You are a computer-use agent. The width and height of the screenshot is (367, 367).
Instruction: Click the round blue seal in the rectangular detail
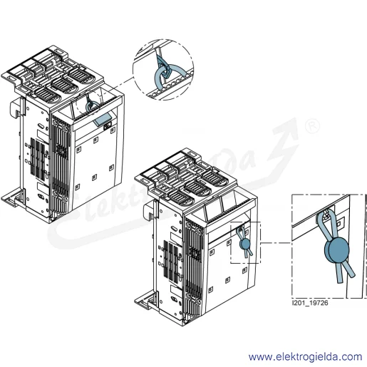tap(336, 249)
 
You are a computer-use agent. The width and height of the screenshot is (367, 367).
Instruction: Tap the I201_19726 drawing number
tap(310, 303)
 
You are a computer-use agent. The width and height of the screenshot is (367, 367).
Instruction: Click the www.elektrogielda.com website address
tap(305, 357)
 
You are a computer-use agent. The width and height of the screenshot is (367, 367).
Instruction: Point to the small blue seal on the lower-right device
tap(244, 244)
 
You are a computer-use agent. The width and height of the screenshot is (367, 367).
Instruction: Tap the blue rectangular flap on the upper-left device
tap(103, 119)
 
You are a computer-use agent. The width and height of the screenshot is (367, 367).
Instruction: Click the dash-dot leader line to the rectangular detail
tap(276, 243)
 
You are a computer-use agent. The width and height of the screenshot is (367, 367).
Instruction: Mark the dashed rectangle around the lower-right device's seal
tap(245, 242)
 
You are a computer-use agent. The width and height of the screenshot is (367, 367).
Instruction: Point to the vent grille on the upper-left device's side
tap(38, 159)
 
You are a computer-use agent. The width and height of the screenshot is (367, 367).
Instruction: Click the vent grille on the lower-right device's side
tap(170, 262)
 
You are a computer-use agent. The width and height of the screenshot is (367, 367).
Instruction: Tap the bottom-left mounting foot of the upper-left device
tap(13, 197)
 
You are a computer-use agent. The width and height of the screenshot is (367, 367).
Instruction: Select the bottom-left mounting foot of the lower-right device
tap(145, 301)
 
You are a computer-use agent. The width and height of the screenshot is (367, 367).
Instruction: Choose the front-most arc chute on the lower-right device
tap(180, 196)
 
